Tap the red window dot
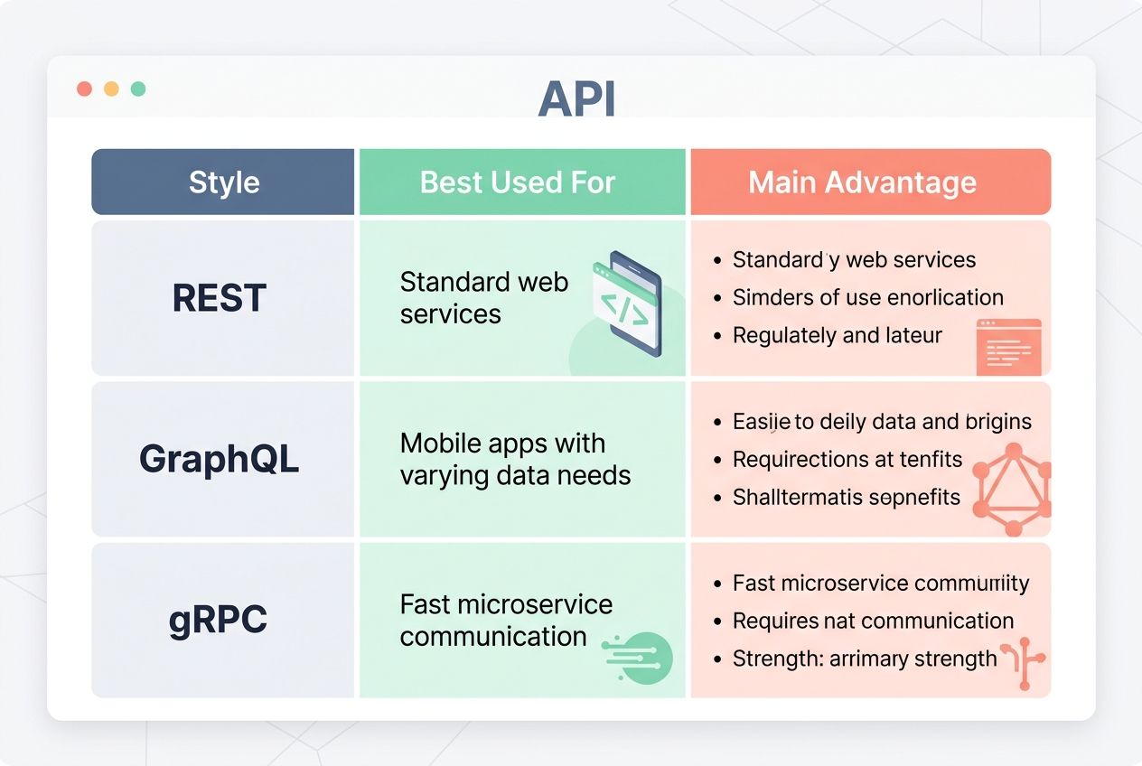click(84, 89)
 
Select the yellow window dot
click(111, 89)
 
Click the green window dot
click(138, 89)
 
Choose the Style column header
click(223, 182)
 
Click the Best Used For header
click(518, 182)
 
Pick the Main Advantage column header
click(862, 182)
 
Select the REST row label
click(220, 298)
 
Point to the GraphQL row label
click(219, 459)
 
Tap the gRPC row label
click(218, 620)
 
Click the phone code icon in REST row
click(628, 305)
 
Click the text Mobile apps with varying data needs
click(515, 460)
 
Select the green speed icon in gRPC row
click(640, 657)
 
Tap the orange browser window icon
click(1008, 346)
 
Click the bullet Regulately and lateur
click(837, 336)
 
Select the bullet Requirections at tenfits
click(847, 460)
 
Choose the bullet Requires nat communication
click(872, 621)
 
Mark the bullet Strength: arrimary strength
click(864, 659)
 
